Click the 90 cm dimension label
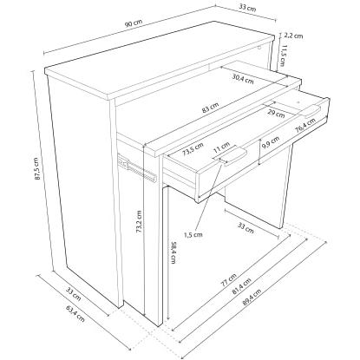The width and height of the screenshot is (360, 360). [134, 23]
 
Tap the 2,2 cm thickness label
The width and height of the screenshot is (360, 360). [293, 36]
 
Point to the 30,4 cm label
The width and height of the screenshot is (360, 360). [243, 78]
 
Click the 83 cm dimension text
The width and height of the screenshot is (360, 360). [211, 108]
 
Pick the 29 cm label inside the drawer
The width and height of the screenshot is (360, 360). [276, 114]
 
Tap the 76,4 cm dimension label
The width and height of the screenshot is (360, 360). [305, 126]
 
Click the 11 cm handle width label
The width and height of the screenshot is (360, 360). [221, 147]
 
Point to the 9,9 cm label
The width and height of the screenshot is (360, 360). [271, 142]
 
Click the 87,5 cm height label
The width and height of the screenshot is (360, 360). [37, 169]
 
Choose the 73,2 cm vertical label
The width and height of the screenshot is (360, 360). [139, 221]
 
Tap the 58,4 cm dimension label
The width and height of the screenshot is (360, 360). [173, 252]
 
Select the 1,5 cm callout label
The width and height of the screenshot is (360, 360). [193, 234]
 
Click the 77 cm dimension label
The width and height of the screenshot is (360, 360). [228, 280]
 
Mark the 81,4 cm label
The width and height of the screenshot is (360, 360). [241, 286]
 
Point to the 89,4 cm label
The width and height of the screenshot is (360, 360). [252, 297]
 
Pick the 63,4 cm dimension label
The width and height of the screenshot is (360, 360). [75, 314]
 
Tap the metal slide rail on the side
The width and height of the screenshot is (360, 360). [137, 169]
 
